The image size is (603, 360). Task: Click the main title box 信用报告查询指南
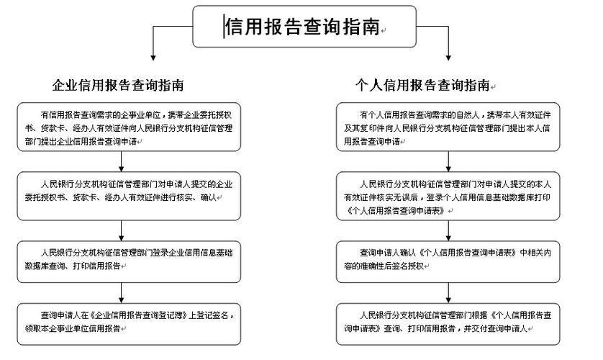[x=301, y=27]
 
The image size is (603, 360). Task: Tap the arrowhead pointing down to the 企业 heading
[x=152, y=57]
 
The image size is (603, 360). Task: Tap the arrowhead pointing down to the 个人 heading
[x=449, y=57]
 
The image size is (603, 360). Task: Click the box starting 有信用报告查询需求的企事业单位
[x=129, y=127]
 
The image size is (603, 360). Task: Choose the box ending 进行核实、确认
[x=129, y=190]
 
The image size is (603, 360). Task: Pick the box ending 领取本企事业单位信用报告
[x=129, y=322]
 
